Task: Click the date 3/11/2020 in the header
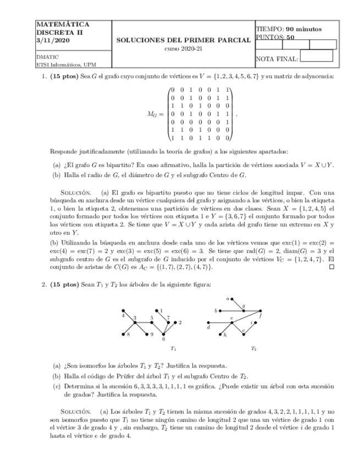pyautogui.click(x=49, y=41)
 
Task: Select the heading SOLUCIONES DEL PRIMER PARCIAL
pyautogui.click(x=184, y=40)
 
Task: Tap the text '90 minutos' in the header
pyautogui.click(x=304, y=29)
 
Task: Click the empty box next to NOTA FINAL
pyautogui.click(x=317, y=56)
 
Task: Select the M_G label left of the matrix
pyautogui.click(x=153, y=114)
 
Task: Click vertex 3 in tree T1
pyautogui.click(x=135, y=322)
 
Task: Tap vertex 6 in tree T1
pyautogui.click(x=163, y=335)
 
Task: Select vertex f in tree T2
pyautogui.click(x=261, y=311)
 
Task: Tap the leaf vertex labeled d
pyautogui.click(x=208, y=323)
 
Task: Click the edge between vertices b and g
pyautogui.click(x=230, y=310)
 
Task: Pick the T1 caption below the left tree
pyautogui.click(x=173, y=348)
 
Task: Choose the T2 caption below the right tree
pyautogui.click(x=253, y=348)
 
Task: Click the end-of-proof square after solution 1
pyautogui.click(x=331, y=267)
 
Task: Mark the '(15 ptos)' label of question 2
pyautogui.click(x=64, y=284)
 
